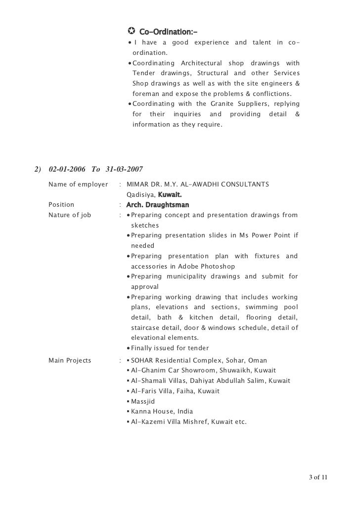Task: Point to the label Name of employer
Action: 78,185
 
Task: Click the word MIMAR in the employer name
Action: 138,185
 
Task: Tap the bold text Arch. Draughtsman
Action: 158,204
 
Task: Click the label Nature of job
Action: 70,215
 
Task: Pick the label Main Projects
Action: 70,360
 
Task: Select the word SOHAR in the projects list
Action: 142,360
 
